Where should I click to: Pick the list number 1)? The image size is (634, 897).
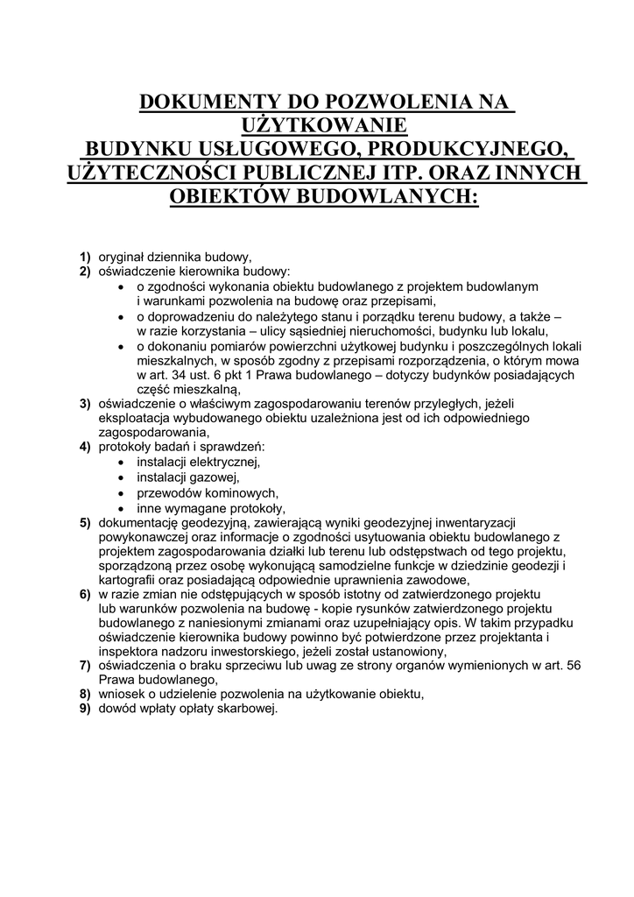coord(85,258)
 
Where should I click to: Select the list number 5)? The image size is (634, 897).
coord(85,523)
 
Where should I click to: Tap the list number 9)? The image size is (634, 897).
coord(85,709)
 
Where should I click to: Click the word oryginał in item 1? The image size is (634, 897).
coord(122,258)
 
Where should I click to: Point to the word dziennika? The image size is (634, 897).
coord(177,258)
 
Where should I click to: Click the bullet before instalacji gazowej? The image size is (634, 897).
coord(120,478)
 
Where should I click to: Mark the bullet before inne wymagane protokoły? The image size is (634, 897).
coord(120,508)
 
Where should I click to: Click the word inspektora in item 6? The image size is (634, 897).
coord(130,651)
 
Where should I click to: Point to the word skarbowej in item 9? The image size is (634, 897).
coord(248,709)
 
